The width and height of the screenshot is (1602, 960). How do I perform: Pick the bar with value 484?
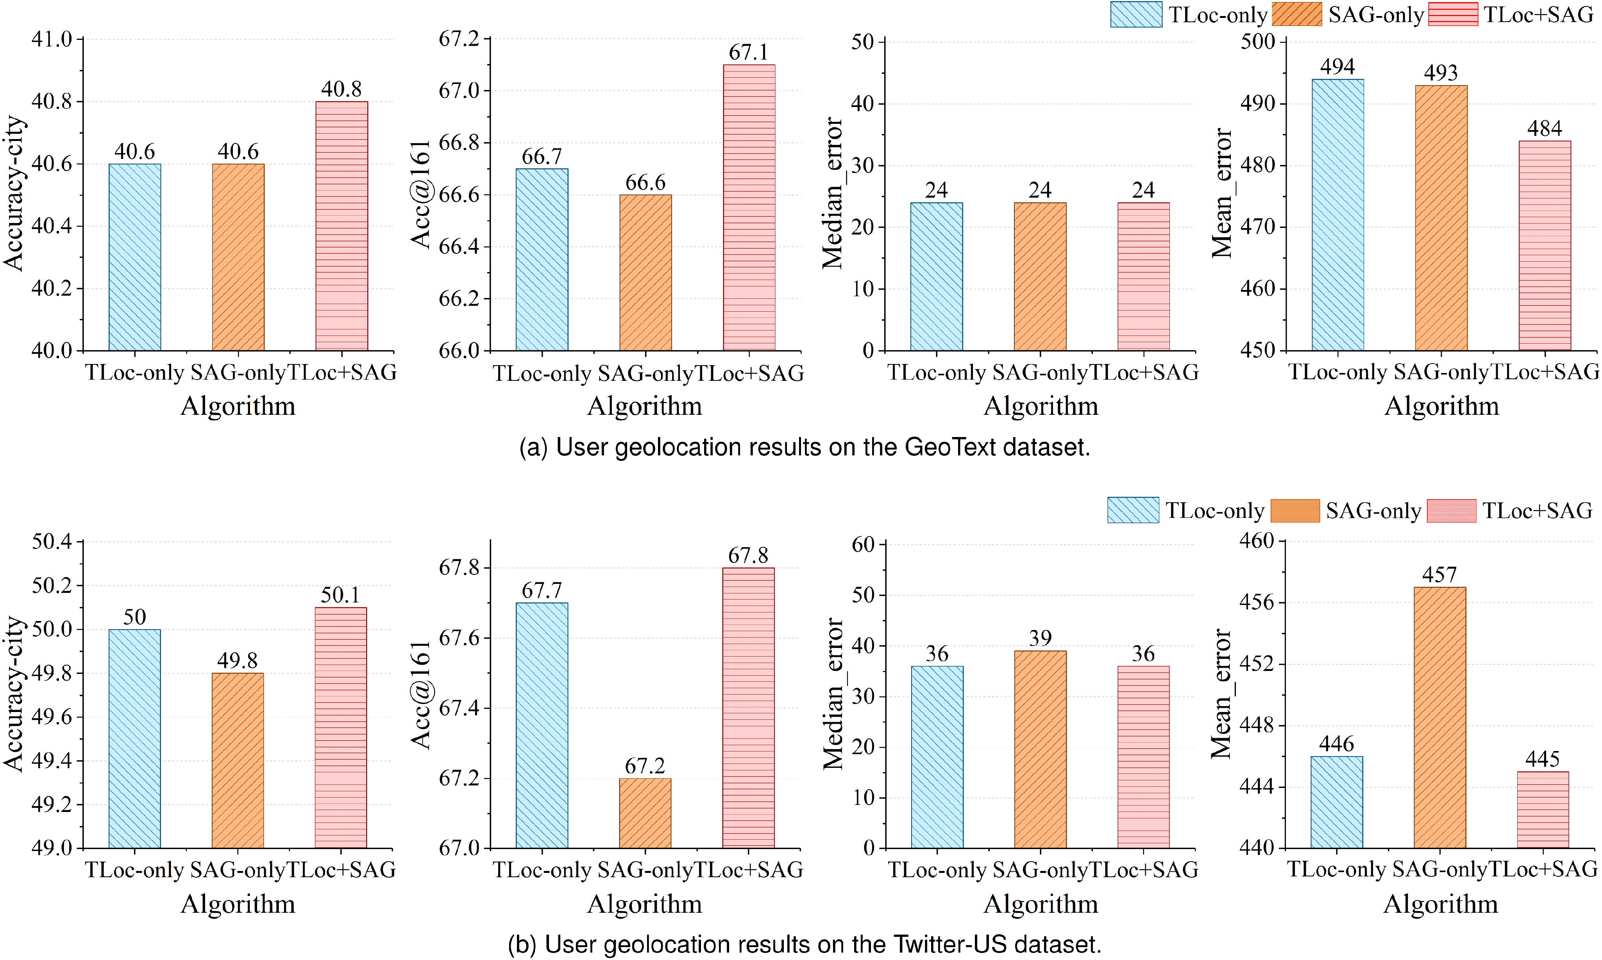1545,246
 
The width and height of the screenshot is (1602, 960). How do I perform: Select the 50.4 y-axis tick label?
52,541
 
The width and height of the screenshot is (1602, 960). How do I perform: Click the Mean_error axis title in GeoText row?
1221,193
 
